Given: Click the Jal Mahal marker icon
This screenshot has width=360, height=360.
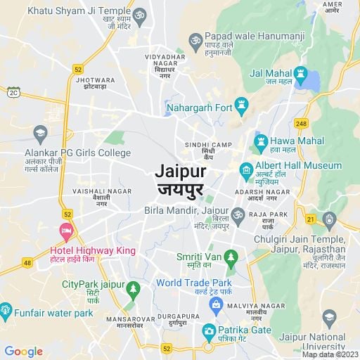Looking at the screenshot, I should (x=300, y=73).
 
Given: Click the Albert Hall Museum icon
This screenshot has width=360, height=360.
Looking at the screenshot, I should (x=245, y=169).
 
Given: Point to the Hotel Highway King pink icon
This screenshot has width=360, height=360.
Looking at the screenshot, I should (x=66, y=230).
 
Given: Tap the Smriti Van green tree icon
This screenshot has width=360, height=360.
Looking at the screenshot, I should (x=231, y=260).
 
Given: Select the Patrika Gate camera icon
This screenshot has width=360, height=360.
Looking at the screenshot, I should (x=209, y=330).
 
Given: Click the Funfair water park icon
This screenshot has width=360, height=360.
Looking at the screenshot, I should (x=6, y=309).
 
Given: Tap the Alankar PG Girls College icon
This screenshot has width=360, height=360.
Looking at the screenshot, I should (x=41, y=131).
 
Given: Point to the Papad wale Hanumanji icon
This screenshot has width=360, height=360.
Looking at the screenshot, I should (x=195, y=39).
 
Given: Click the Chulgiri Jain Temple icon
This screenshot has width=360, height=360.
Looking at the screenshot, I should (x=329, y=219).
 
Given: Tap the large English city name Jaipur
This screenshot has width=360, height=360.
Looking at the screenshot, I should (x=179, y=171).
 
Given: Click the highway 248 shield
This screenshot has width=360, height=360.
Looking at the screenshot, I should (x=302, y=124).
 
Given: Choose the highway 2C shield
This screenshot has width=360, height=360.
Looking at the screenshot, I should (x=13, y=92).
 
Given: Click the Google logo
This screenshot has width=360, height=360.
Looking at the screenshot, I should (x=23, y=352).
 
